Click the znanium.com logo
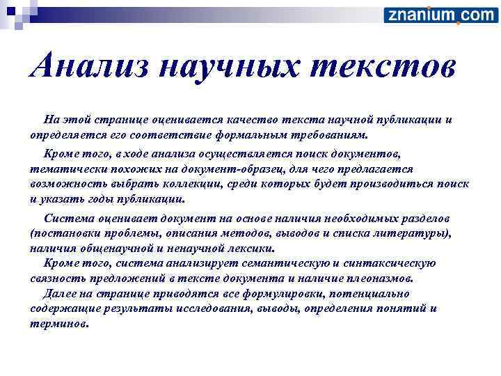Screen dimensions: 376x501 pos(440,15)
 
